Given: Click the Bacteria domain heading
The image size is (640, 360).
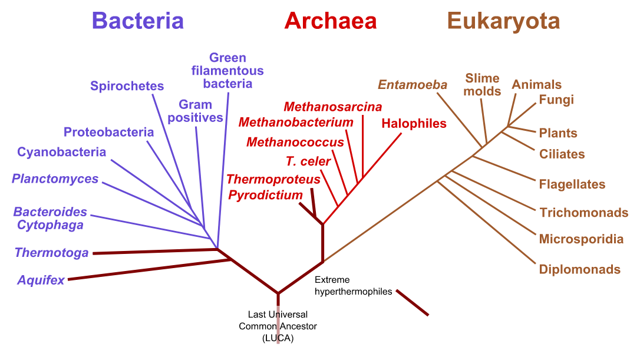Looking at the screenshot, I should [138, 21].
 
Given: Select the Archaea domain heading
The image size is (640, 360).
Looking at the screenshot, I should [330, 21].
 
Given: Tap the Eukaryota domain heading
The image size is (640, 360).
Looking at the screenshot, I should [503, 21].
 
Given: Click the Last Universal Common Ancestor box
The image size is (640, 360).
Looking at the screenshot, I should [278, 326].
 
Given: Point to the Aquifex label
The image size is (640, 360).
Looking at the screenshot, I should [41, 280].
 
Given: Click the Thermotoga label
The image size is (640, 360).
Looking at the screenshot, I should [51, 253].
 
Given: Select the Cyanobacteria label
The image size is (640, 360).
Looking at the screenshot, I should [62, 152].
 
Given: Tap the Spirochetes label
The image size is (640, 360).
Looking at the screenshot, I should [127, 86].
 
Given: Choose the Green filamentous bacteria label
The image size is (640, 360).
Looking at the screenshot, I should [227, 71].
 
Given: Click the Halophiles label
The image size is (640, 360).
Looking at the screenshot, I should [414, 124].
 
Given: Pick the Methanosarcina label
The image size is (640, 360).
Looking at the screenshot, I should [332, 107].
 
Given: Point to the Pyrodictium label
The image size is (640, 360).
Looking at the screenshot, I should [265, 194].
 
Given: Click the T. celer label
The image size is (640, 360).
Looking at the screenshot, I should [308, 161].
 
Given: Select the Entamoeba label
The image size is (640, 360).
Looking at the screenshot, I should [413, 84].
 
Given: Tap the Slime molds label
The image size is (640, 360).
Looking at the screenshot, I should [482, 84].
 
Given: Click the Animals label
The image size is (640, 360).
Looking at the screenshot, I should [536, 84].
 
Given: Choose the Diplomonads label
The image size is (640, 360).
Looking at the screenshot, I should [580, 269].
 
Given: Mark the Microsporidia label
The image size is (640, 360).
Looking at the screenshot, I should [581, 239].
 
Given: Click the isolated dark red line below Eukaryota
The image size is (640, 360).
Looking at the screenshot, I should [413, 302].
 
